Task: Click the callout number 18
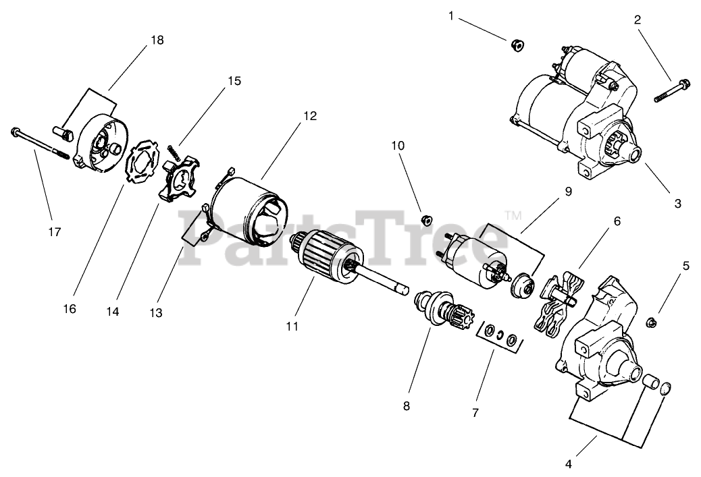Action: [157, 40]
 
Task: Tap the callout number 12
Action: [309, 115]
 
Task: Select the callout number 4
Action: [568, 464]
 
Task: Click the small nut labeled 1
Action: [519, 45]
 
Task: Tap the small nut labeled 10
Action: [426, 219]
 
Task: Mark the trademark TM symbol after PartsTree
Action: [513, 215]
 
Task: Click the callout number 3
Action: [677, 203]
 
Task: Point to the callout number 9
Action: [568, 191]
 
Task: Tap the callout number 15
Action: [234, 81]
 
